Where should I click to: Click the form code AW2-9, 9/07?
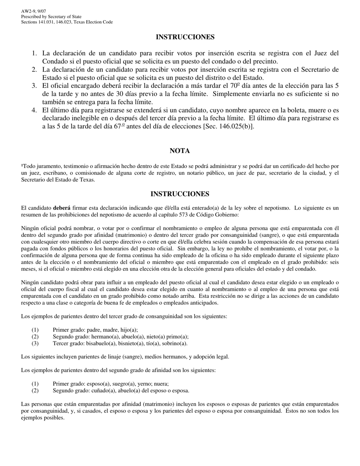[x=33, y=12]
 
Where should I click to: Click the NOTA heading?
[x=180, y=151]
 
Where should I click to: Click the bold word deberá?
[x=61, y=208]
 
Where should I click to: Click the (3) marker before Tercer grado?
[x=35, y=344]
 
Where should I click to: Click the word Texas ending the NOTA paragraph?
[x=88, y=180]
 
